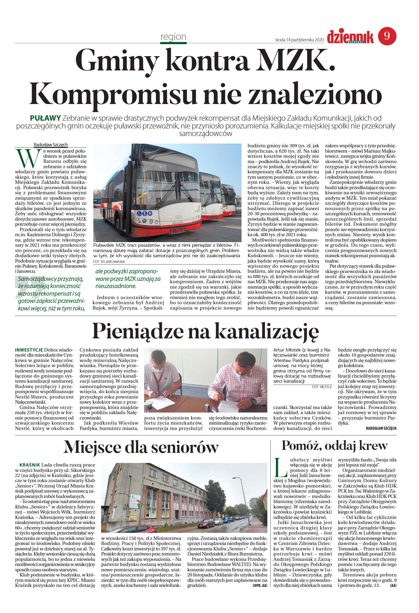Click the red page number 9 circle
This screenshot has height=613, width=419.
[x=387, y=36]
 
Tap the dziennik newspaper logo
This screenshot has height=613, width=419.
[x=350, y=37]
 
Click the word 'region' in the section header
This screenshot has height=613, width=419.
[x=173, y=37]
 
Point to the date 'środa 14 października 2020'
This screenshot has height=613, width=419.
[x=299, y=40]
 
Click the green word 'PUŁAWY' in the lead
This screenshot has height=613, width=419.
[x=45, y=118]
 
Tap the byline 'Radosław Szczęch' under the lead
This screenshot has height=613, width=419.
[x=51, y=145]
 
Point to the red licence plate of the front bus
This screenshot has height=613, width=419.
[x=177, y=231]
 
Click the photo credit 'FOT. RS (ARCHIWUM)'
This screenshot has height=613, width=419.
[x=109, y=261]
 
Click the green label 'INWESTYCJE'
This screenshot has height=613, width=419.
[x=29, y=350]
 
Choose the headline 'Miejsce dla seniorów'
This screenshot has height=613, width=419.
[x=141, y=447]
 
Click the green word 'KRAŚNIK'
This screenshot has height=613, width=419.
[x=30, y=465]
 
